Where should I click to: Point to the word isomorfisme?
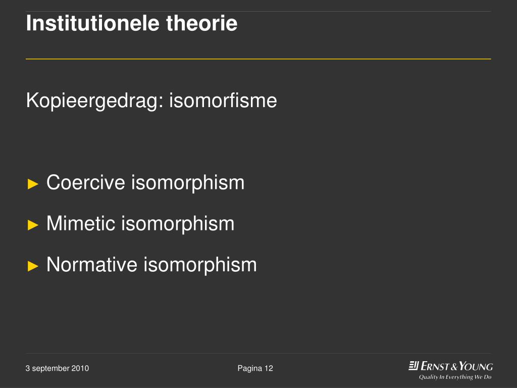coord(223,101)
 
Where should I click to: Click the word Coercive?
coord(86,182)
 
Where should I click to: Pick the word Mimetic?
coord(81,223)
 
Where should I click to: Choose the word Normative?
coord(92,264)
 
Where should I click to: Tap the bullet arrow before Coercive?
coord(33,183)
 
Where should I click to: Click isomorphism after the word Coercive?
coord(188,182)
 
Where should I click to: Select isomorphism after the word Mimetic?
coord(178,223)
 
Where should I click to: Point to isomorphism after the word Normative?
coord(200,264)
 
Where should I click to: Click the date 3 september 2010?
coord(57,368)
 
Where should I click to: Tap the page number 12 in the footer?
coord(268,368)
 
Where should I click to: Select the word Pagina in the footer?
coord(249,368)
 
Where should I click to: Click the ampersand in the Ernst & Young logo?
coord(453,366)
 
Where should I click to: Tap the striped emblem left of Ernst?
coord(413,366)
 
